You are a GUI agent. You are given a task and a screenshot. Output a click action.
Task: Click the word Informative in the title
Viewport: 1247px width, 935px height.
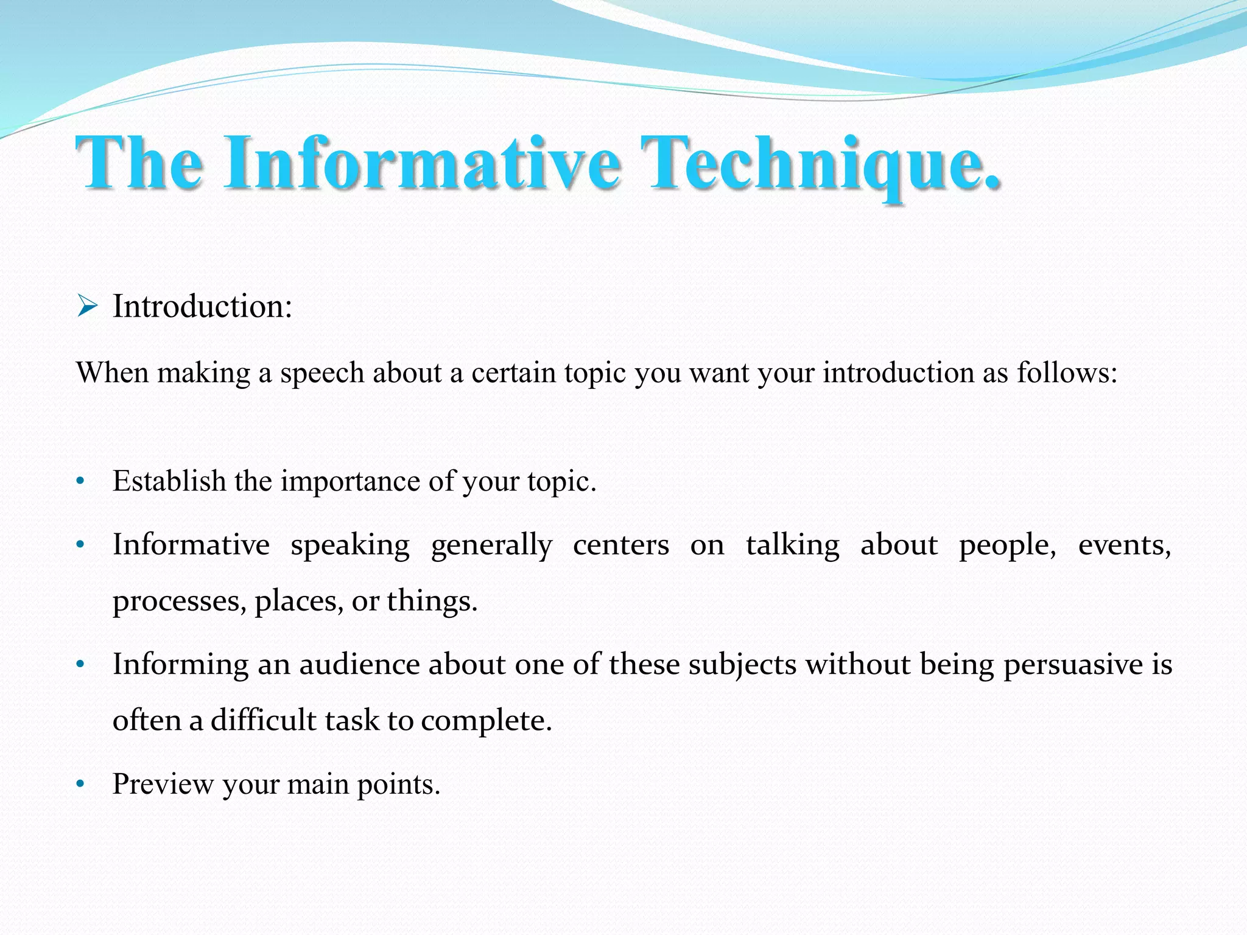click(x=423, y=163)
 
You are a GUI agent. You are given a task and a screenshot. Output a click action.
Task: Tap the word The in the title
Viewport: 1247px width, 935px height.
click(x=139, y=163)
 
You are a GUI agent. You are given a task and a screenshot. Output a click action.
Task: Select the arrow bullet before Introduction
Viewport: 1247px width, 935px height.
click(x=88, y=306)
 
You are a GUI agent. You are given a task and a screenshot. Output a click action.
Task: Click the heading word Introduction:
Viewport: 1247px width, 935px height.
click(x=202, y=306)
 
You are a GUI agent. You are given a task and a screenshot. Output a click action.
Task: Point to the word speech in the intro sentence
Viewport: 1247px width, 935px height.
click(x=322, y=373)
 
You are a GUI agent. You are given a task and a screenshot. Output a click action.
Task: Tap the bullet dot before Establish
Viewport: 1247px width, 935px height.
click(x=80, y=482)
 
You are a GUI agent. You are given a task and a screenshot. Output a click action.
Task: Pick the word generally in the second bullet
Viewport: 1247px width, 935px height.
click(x=491, y=545)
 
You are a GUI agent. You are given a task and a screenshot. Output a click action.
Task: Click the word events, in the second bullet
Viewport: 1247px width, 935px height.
click(x=1124, y=545)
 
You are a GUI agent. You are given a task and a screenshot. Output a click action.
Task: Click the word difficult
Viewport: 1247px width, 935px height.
click(x=263, y=721)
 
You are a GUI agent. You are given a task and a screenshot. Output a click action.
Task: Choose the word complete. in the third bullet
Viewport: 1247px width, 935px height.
click(x=486, y=721)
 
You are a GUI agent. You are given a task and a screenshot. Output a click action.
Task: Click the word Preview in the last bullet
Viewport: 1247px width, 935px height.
click(x=163, y=784)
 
